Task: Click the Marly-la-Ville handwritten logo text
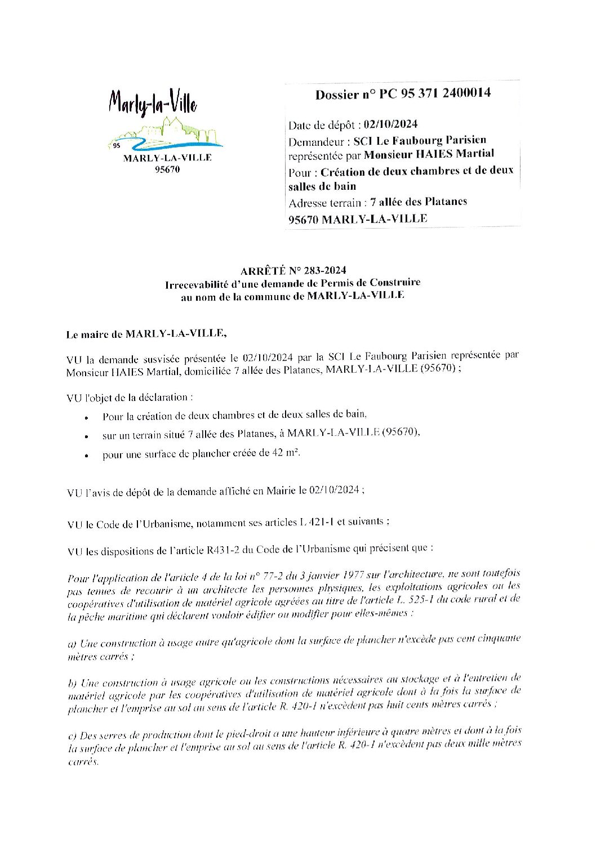click(x=153, y=104)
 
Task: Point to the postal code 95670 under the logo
click(x=167, y=170)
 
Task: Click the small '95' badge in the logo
click(x=117, y=145)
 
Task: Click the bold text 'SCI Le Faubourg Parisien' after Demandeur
click(x=420, y=140)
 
